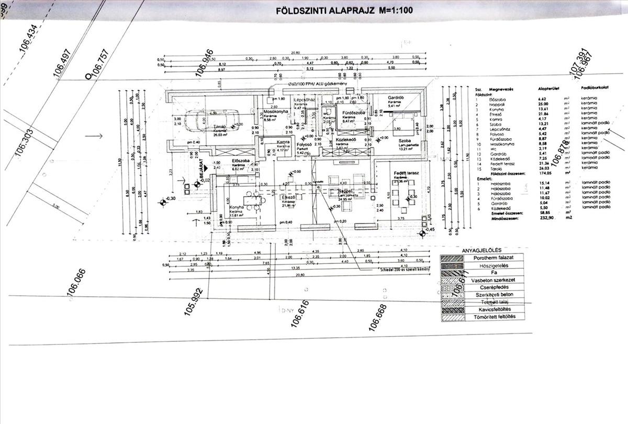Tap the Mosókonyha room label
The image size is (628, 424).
click(276, 113)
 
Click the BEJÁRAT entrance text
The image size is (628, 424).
click(200, 171)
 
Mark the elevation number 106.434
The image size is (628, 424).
click(29, 39)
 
